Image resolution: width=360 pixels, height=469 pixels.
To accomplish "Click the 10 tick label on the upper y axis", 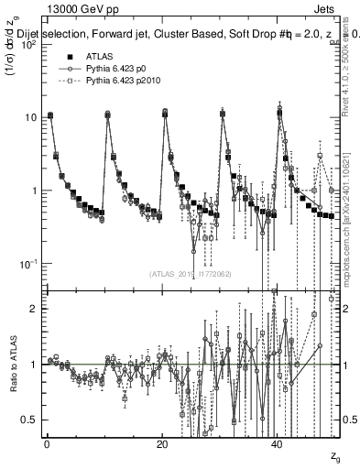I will pyautogui.click(x=30, y=117).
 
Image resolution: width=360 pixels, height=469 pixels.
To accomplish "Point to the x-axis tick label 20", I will pyautogui.click(x=161, y=443).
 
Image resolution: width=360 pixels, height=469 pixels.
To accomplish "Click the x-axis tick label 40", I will pyautogui.click(x=277, y=443).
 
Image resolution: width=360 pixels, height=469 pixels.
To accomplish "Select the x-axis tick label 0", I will pyautogui.click(x=47, y=443).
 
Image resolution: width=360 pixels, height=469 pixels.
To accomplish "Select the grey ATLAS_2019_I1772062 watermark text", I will pyautogui.click(x=191, y=274).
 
